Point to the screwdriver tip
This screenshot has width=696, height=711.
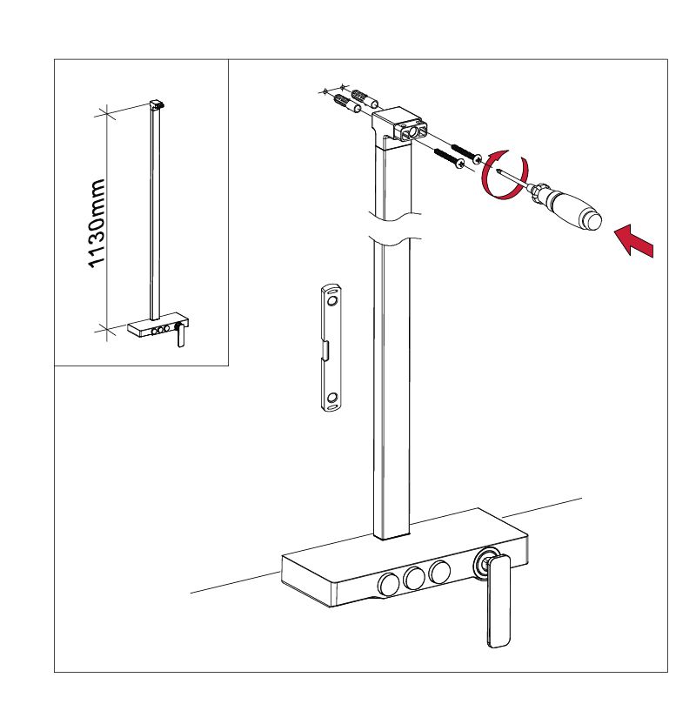click(x=499, y=171)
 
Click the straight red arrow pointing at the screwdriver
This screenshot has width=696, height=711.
click(x=635, y=240)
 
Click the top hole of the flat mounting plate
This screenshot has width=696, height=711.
click(x=332, y=301)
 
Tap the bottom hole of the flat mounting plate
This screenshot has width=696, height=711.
click(x=332, y=398)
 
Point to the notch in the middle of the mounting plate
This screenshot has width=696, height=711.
click(x=325, y=350)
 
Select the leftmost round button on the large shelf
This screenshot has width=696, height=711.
click(x=389, y=584)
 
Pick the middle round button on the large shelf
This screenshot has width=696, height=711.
click(x=414, y=578)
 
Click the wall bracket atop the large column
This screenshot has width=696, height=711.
click(x=398, y=124)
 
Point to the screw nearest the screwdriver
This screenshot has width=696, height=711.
click(x=465, y=154)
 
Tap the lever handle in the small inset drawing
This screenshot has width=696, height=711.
click(x=180, y=335)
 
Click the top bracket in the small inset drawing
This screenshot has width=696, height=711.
click(x=157, y=104)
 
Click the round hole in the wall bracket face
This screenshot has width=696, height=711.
click(x=412, y=132)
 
